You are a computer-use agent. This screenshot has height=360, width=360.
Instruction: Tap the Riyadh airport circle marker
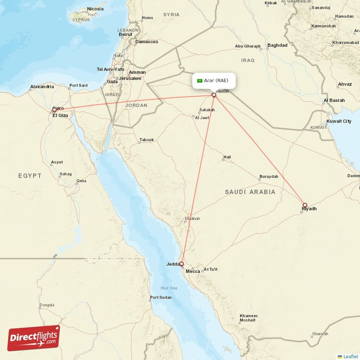pos(305,205)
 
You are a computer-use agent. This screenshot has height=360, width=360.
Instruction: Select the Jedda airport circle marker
pos(182,264)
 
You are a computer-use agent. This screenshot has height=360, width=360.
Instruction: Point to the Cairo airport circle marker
pos(54,109)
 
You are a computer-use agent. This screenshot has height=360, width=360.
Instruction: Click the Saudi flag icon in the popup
pos(199,81)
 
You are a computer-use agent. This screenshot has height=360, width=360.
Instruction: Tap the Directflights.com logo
pos(34,338)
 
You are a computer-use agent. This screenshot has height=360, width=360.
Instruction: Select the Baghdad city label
pos(277,45)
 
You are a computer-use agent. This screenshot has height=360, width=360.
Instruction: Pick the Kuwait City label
pos(339,121)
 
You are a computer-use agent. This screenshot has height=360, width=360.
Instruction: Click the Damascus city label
pos(147,41)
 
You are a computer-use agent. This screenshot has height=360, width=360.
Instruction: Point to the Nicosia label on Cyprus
pos(95,9)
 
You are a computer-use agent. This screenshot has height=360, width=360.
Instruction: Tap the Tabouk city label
pos(146,139)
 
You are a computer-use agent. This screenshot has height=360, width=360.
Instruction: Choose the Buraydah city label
pos(269,176)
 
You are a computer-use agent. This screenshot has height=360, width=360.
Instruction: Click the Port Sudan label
pos(161,297)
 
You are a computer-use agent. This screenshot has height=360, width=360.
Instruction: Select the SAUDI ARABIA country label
pos(250,192)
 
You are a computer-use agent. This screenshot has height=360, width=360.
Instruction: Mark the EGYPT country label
pos(30,175)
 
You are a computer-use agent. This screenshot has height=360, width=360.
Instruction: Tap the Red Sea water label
pos(170,288)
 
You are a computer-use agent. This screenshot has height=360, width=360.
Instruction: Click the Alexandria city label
pos(42,86)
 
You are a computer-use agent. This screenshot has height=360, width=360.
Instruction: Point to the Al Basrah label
pos(334,100)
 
